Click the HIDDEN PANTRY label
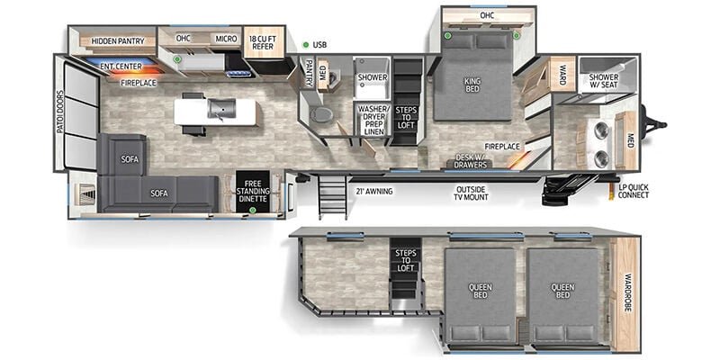[118, 40]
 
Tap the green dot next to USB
[305, 45]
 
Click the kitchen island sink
[221, 109]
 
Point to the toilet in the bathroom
[321, 114]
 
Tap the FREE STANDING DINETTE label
[252, 192]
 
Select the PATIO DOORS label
[59, 112]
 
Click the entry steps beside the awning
[332, 195]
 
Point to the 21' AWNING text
[374, 192]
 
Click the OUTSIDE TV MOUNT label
[472, 193]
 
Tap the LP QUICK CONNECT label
[634, 191]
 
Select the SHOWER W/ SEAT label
[603, 81]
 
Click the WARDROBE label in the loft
[628, 293]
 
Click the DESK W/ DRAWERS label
[470, 161]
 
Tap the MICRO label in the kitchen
[226, 39]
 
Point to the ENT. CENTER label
[121, 67]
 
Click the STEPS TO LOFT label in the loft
[406, 260]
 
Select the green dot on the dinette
[252, 211]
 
